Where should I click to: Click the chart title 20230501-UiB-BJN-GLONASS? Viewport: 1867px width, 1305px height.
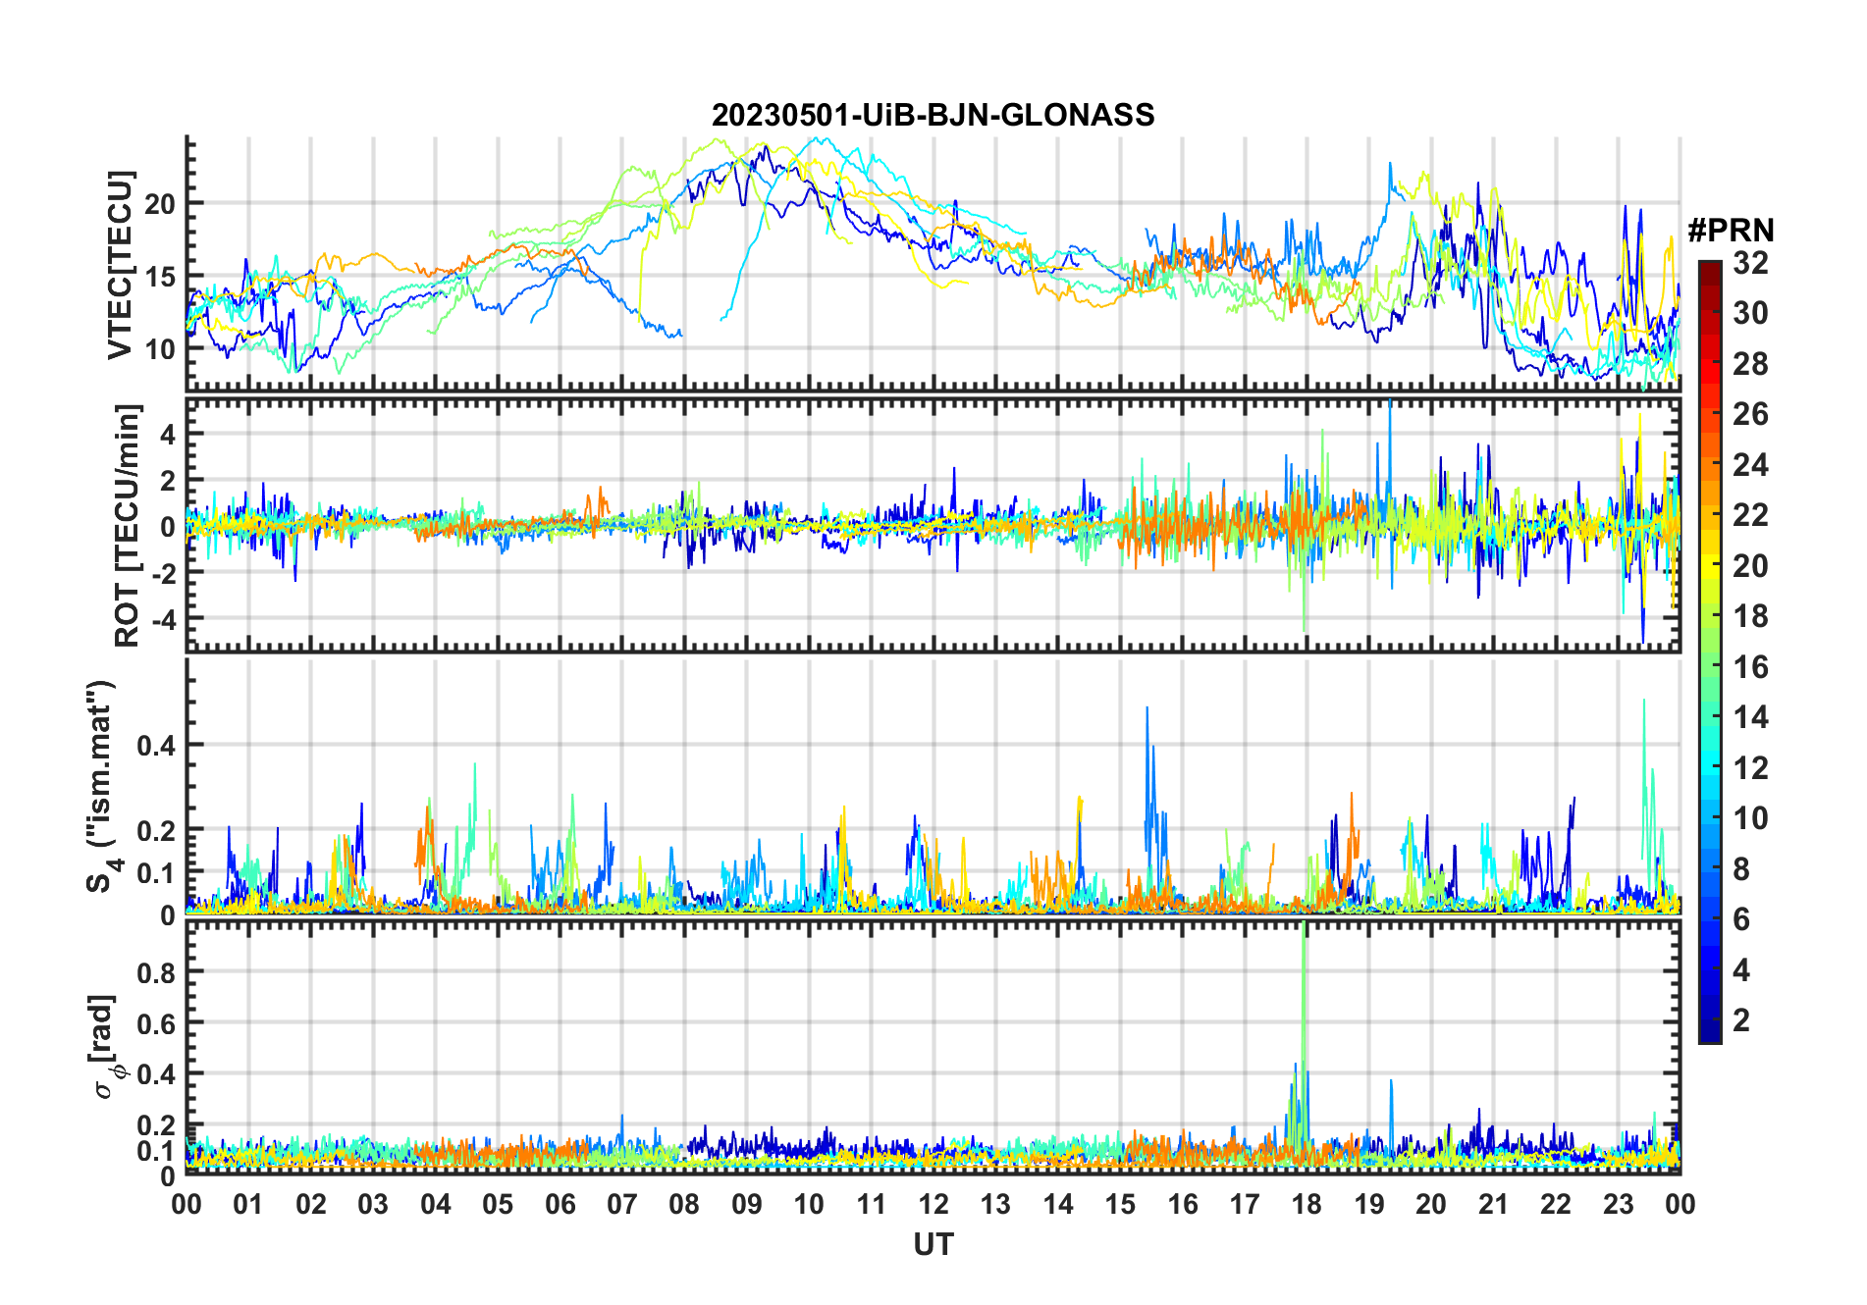933,116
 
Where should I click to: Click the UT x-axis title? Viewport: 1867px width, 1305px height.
933,1245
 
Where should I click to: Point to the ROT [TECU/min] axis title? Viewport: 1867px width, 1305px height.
127,525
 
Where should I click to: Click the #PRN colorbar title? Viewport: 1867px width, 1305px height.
1731,231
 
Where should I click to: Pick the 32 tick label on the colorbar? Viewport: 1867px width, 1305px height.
1750,263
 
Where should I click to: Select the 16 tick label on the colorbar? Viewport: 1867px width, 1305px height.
1750,667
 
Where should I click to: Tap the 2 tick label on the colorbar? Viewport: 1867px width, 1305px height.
1741,1020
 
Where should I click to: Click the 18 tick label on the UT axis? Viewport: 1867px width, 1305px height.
1307,1205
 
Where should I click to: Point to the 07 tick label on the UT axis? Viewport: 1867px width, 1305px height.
622,1205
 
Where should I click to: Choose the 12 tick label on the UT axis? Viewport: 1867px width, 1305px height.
933,1205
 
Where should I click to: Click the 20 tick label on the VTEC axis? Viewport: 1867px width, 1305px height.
160,204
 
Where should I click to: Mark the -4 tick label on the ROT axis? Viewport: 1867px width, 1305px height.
160,619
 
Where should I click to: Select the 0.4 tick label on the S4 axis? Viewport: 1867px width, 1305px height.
156,745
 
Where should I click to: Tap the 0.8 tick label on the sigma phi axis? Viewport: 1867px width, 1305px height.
156,972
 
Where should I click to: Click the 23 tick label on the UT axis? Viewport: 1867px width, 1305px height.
1618,1205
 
